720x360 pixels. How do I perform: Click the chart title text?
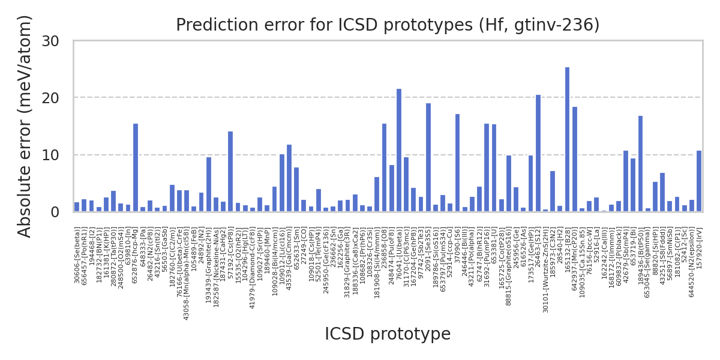click(x=388, y=25)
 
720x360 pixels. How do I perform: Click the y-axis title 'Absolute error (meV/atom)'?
click(x=25, y=126)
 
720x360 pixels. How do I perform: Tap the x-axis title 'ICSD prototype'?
click(x=388, y=334)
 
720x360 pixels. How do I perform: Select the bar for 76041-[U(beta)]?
click(x=399, y=150)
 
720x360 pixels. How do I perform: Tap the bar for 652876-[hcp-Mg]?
click(x=136, y=167)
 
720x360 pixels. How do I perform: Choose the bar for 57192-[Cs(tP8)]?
click(x=230, y=172)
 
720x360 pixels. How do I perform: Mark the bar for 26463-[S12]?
click(x=538, y=153)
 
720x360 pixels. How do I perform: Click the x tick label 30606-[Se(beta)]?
click(x=77, y=256)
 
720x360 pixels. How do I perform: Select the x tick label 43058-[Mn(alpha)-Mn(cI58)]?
click(x=187, y=274)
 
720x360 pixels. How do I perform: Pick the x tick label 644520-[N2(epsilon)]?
click(x=692, y=262)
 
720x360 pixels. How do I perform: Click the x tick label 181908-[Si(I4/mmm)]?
click(x=377, y=263)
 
